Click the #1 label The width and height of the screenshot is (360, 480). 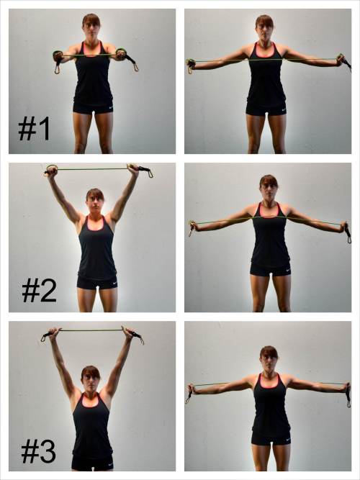34,130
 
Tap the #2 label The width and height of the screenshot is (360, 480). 39,291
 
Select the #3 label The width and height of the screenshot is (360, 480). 39,452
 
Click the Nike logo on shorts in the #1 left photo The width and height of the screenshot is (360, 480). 111,108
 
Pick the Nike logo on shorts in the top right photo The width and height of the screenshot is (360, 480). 284,109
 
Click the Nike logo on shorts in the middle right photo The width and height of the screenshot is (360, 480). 288,271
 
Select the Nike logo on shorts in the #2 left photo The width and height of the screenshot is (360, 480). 114,283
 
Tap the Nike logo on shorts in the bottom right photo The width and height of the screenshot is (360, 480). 288,440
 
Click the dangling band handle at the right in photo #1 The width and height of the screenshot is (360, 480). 132,63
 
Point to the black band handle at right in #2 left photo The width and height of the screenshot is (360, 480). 145,171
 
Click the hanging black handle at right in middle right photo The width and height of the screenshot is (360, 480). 348,234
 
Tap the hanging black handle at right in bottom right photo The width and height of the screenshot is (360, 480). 348,397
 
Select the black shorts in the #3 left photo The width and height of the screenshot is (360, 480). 93,463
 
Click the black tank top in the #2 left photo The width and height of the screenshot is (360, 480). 97,248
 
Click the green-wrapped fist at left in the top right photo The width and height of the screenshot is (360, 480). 191,63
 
